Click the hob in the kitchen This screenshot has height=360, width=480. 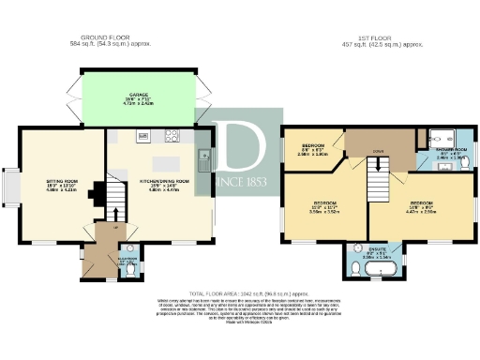coord(173,137)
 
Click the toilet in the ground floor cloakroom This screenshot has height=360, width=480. coord(132,271)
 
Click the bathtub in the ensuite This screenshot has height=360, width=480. coord(382,272)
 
